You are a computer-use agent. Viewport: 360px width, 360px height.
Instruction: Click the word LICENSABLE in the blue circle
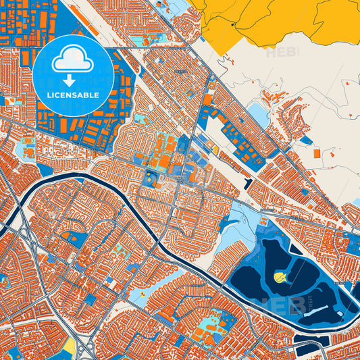[x=72, y=95]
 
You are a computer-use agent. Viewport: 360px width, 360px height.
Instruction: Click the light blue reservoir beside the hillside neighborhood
[x=259, y=114]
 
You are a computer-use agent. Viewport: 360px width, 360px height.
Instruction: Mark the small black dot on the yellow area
[x=232, y=24]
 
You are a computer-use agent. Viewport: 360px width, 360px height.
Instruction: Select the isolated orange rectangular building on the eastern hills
[x=317, y=153]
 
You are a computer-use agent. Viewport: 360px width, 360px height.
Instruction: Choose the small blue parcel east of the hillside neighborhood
[x=307, y=140]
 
